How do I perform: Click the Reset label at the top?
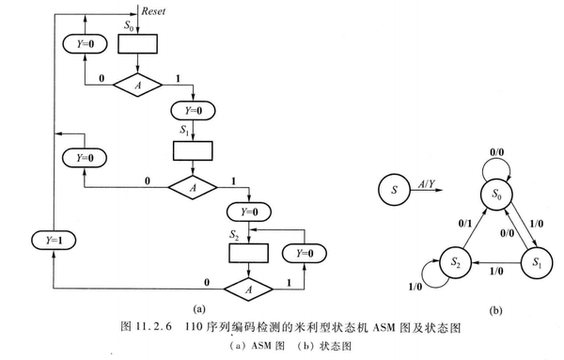(x=154, y=12)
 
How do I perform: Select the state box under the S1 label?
(x=195, y=150)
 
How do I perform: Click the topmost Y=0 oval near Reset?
(x=84, y=44)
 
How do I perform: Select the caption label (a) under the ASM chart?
(x=196, y=309)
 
